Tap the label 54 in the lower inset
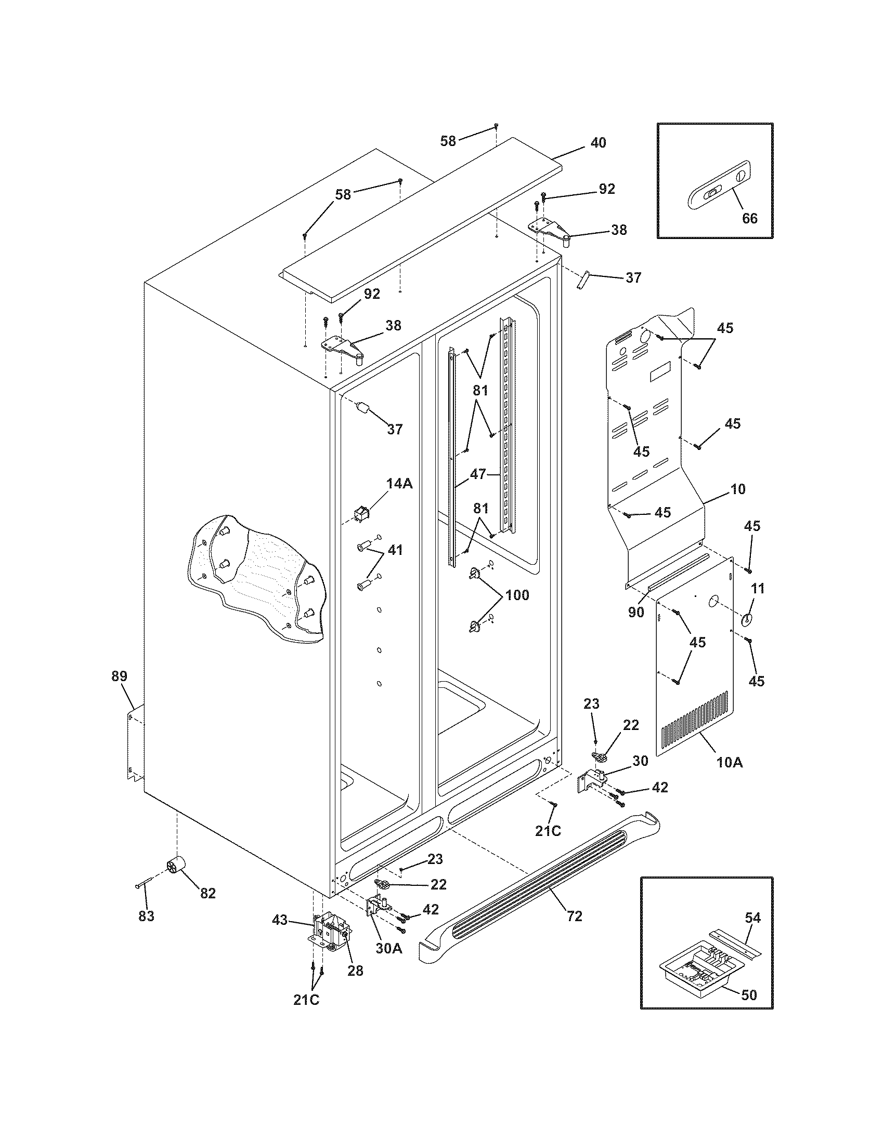752,917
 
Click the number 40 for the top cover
598,142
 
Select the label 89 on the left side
119,675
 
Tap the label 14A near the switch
399,484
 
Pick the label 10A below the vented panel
730,763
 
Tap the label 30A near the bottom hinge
388,948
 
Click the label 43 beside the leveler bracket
280,919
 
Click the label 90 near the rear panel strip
636,612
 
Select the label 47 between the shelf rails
477,474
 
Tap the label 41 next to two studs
395,550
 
